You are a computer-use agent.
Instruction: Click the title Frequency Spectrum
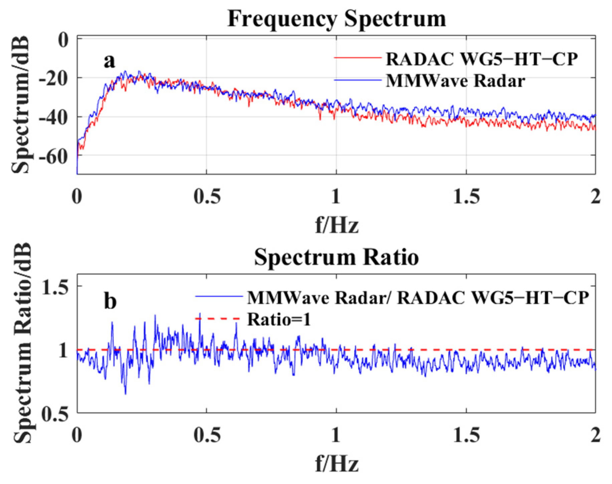click(336, 19)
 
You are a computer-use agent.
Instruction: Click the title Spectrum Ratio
click(336, 258)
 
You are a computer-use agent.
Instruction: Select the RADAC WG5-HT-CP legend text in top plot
click(481, 59)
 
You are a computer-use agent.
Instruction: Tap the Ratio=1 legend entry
click(279, 319)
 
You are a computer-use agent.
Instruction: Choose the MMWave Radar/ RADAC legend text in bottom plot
click(418, 297)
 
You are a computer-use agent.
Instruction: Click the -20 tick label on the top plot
click(53, 78)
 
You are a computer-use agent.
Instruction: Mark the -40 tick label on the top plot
click(53, 117)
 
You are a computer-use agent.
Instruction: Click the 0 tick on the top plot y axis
click(63, 40)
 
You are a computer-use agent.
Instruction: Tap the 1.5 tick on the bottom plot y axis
click(55, 287)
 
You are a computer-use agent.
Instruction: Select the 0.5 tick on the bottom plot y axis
click(55, 414)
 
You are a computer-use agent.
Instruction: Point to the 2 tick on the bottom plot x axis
click(595, 435)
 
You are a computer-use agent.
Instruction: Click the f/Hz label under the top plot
click(337, 225)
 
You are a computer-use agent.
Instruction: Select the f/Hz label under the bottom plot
click(337, 464)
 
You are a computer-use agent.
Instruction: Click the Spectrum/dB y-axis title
click(21, 105)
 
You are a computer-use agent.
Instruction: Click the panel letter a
click(109, 61)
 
